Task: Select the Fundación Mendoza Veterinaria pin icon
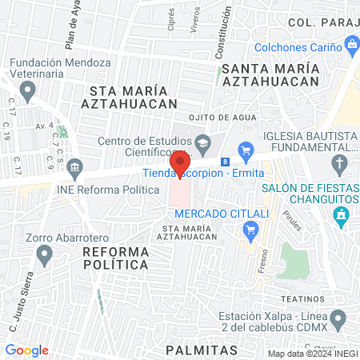29,93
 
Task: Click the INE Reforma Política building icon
75,168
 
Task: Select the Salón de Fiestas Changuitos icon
342,215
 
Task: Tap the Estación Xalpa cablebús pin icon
339,322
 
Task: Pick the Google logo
26,350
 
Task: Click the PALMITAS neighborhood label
202,350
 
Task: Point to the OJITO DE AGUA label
223,116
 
